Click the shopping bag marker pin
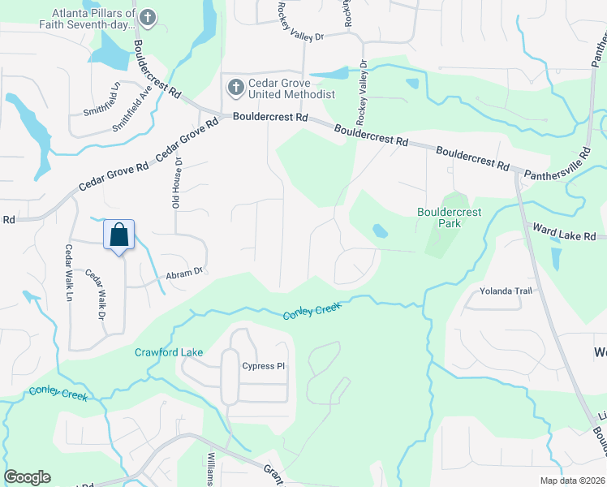(118, 235)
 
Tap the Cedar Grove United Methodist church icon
(235, 86)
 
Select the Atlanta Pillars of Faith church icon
(147, 16)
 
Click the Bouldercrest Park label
(450, 218)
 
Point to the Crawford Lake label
(169, 352)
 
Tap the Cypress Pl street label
(264, 366)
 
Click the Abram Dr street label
(183, 274)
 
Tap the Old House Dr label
(176, 183)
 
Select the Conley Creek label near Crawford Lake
(312, 309)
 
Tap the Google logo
(27, 476)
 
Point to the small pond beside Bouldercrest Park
(379, 231)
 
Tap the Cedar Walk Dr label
(96, 293)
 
